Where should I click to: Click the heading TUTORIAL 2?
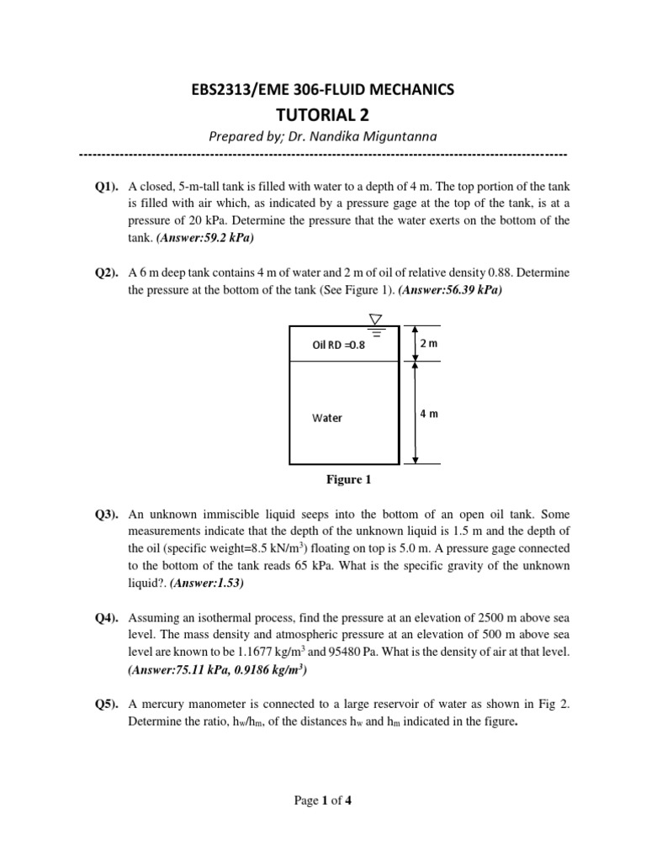pos(323,114)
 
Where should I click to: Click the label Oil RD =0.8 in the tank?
pos(339,345)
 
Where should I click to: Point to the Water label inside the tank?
pos(327,418)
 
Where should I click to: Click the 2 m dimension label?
pos(429,344)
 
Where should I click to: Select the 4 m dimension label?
pos(429,414)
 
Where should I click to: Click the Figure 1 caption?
pos(348,481)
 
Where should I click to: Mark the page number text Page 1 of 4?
pos(323,801)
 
